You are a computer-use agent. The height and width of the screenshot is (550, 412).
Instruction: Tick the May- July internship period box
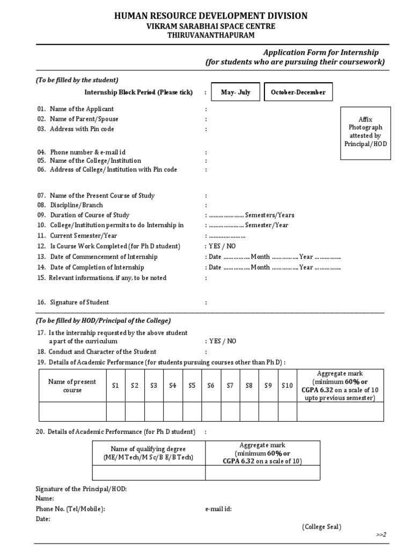click(236, 92)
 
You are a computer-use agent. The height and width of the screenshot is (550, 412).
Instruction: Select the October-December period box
click(298, 92)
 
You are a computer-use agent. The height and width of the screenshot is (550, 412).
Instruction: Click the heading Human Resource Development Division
click(211, 16)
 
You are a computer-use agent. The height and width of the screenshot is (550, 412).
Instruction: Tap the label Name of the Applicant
click(82, 109)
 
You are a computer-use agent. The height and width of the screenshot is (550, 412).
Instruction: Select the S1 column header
click(115, 386)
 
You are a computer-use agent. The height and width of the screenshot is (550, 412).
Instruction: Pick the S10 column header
click(288, 386)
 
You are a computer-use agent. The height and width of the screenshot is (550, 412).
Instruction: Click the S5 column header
click(192, 386)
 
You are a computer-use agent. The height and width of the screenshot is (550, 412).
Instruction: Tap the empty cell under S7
click(230, 411)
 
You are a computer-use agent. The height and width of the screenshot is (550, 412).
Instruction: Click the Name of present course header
click(72, 386)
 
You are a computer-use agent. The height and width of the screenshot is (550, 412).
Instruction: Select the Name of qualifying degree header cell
click(148, 453)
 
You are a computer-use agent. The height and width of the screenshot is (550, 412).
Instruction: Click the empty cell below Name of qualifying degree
click(148, 472)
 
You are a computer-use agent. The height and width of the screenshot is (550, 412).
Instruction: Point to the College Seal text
click(321, 527)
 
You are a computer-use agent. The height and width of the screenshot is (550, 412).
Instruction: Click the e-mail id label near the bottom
click(218, 509)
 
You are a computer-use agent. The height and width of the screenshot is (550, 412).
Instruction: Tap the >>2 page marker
click(381, 535)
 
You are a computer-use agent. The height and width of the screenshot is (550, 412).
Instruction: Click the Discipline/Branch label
click(76, 205)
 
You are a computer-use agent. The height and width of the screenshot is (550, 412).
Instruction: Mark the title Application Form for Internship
click(321, 53)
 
